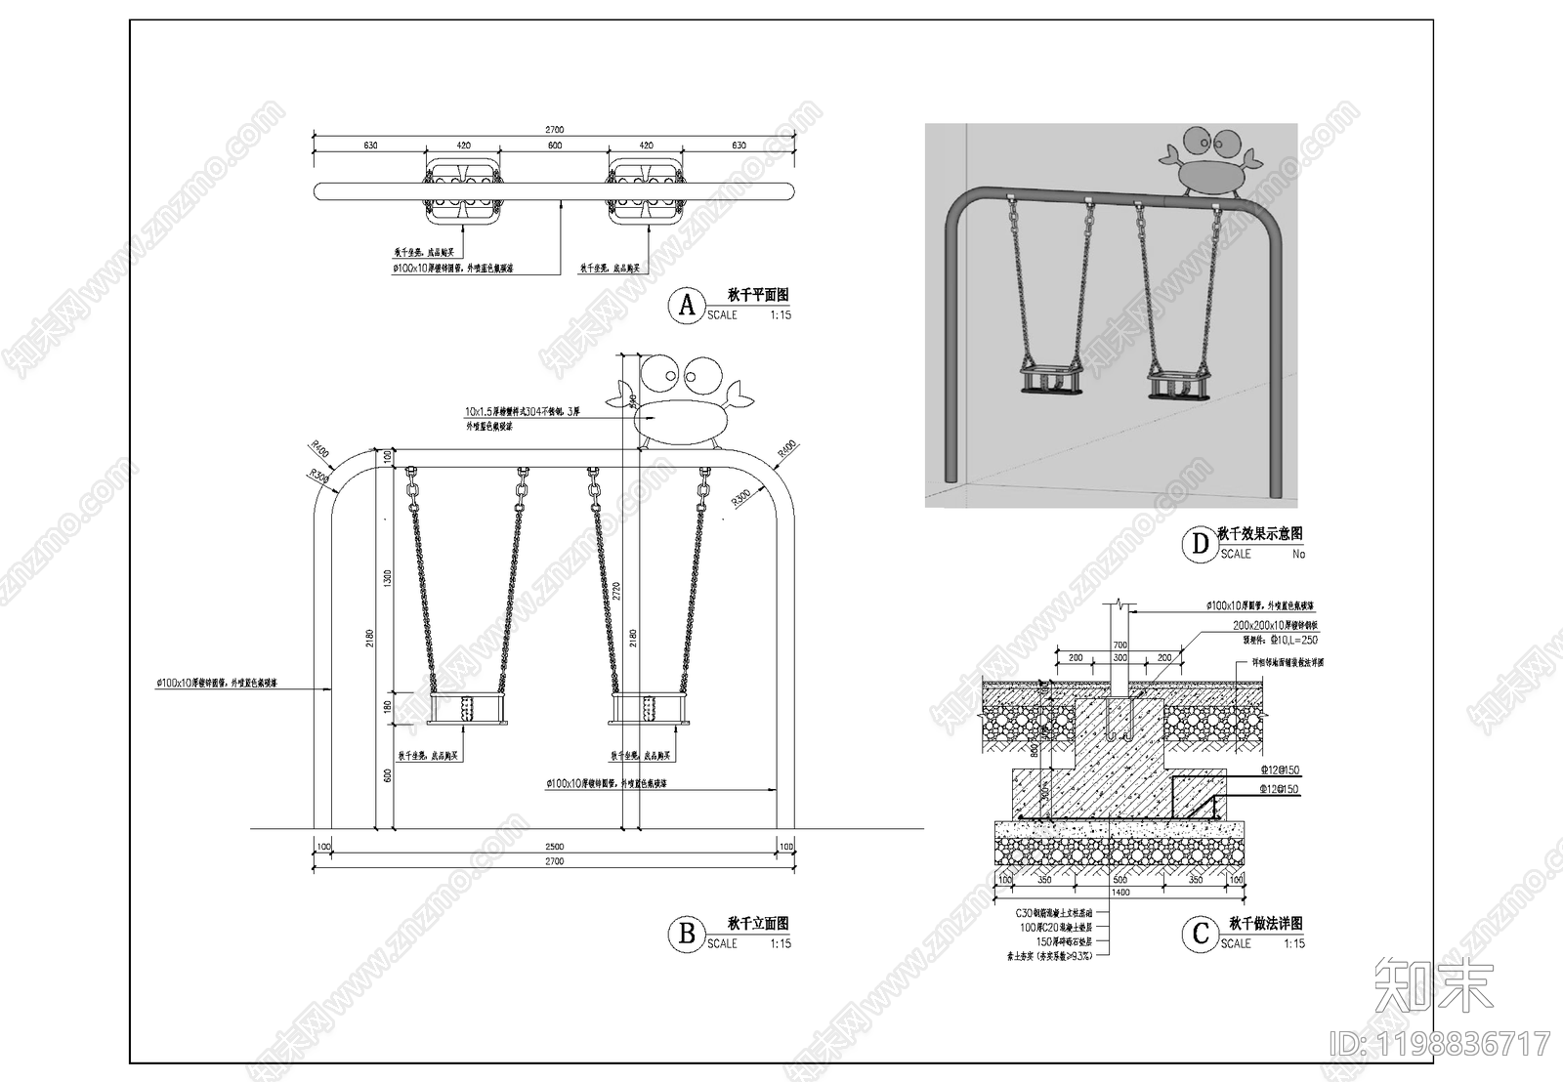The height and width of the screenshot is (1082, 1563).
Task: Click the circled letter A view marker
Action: pyautogui.click(x=687, y=306)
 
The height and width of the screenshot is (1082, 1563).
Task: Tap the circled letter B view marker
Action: pyautogui.click(x=687, y=935)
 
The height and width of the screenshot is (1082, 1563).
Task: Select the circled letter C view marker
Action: pyautogui.click(x=1201, y=935)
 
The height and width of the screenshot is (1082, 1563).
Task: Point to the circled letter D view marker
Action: pyautogui.click(x=1201, y=544)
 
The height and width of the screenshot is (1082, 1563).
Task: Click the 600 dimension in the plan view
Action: pyautogui.click(x=555, y=146)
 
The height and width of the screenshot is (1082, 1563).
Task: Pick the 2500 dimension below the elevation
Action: pyautogui.click(x=554, y=846)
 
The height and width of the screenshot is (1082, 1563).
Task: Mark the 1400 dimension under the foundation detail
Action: pyautogui.click(x=1119, y=893)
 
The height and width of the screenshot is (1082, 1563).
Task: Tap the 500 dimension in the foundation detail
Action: pyautogui.click(x=1119, y=880)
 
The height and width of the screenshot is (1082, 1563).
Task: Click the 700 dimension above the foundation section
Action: pyautogui.click(x=1119, y=645)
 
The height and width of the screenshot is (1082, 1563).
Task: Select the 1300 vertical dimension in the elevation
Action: pyautogui.click(x=388, y=578)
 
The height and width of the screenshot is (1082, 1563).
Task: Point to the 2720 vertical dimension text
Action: pyautogui.click(x=616, y=591)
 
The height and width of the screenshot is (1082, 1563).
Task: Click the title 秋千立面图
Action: pyautogui.click(x=758, y=924)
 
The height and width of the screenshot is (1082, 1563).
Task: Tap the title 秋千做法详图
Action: pyautogui.click(x=1265, y=924)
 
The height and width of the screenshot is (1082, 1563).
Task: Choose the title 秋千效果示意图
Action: pyautogui.click(x=1259, y=534)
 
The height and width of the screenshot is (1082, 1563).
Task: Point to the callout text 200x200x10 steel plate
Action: pyautogui.click(x=1274, y=625)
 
